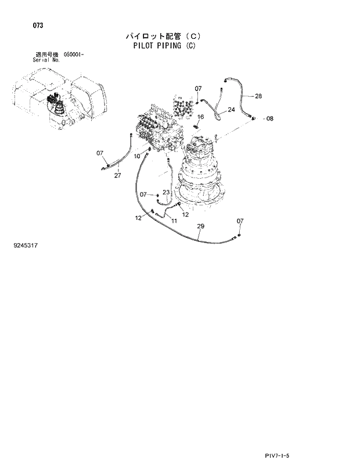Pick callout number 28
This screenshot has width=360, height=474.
click(x=258, y=96)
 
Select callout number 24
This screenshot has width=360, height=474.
click(x=231, y=110)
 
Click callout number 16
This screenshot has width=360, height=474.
click(x=200, y=117)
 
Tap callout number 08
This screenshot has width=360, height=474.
click(x=269, y=118)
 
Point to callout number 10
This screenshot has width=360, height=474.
click(x=137, y=156)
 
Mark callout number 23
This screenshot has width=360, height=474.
click(x=165, y=192)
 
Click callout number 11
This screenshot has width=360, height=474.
click(x=174, y=221)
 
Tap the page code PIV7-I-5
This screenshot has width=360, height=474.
click(x=276, y=457)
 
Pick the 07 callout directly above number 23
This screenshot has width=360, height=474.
click(x=143, y=194)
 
